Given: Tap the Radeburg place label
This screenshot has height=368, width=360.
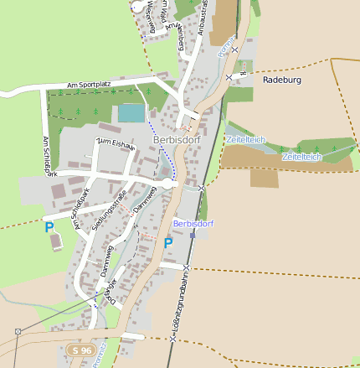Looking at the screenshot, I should tap(281, 80).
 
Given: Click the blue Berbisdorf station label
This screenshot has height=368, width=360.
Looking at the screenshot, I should tap(193, 224).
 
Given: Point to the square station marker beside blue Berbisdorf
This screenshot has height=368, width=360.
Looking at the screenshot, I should tap(193, 235).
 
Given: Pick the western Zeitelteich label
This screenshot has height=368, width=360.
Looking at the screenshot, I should tap(245, 139).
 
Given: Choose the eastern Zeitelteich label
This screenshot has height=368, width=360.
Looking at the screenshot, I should tap(302, 157).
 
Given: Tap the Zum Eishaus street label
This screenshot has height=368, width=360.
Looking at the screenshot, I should tap(116, 144).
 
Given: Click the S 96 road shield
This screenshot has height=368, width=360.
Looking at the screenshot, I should tap(81, 350).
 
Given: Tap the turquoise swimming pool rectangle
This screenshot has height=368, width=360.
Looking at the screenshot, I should tap(131, 113).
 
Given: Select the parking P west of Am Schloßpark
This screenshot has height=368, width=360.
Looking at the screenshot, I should tap(49, 227).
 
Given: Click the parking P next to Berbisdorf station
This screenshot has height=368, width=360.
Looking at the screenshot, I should tap(168, 243).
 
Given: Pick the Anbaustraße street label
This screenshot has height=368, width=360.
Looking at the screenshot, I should tap(203, 18).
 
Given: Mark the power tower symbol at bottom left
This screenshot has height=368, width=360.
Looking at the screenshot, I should tap(17, 331).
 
